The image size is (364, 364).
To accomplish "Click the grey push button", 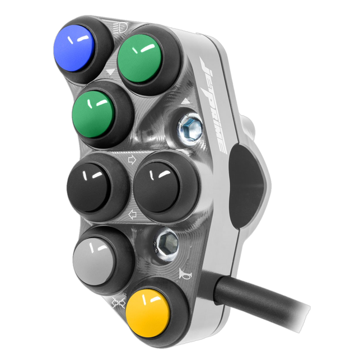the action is pos(95,262).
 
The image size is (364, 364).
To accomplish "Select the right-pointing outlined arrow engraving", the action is pos(132,160).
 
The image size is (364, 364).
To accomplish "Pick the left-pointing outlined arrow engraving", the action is pos(132,214).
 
